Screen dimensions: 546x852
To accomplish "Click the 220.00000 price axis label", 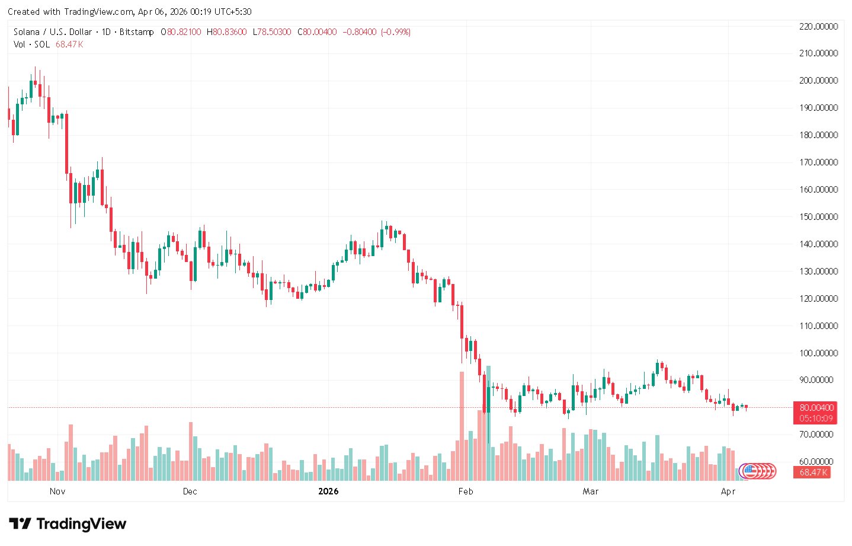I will pyautogui.click(x=818, y=26).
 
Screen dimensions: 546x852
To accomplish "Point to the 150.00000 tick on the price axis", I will pyautogui.click(x=818, y=217).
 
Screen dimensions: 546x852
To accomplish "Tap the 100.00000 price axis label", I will pyautogui.click(x=818, y=353).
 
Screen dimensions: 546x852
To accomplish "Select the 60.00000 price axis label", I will pyautogui.click(x=818, y=462).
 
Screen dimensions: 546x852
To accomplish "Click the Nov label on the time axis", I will pyautogui.click(x=57, y=491).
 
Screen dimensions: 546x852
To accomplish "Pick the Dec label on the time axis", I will pyautogui.click(x=190, y=491).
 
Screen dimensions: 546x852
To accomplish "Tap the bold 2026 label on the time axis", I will pyautogui.click(x=328, y=491).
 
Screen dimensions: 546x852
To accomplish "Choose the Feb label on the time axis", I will pyautogui.click(x=466, y=491).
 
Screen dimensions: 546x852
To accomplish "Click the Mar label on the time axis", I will pyautogui.click(x=591, y=491).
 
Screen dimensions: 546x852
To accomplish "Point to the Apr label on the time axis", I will pyautogui.click(x=728, y=491).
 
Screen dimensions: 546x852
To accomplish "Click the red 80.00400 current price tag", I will pyautogui.click(x=816, y=408).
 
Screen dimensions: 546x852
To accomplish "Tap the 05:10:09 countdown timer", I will pyautogui.click(x=816, y=419).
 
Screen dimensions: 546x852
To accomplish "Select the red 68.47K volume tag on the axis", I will pyautogui.click(x=814, y=472).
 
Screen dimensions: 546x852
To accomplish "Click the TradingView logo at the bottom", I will pyautogui.click(x=68, y=524).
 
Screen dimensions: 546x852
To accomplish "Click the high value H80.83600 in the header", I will pyautogui.click(x=227, y=32).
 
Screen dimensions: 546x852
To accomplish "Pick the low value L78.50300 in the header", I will pyautogui.click(x=272, y=32).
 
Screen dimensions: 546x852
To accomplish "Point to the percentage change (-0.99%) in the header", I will pyautogui.click(x=395, y=32).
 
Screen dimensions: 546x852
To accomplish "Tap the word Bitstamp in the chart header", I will pyautogui.click(x=137, y=32).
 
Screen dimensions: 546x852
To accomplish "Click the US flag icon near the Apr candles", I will pyautogui.click(x=749, y=471).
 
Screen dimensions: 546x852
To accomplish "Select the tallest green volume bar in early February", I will pyautogui.click(x=488, y=423).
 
